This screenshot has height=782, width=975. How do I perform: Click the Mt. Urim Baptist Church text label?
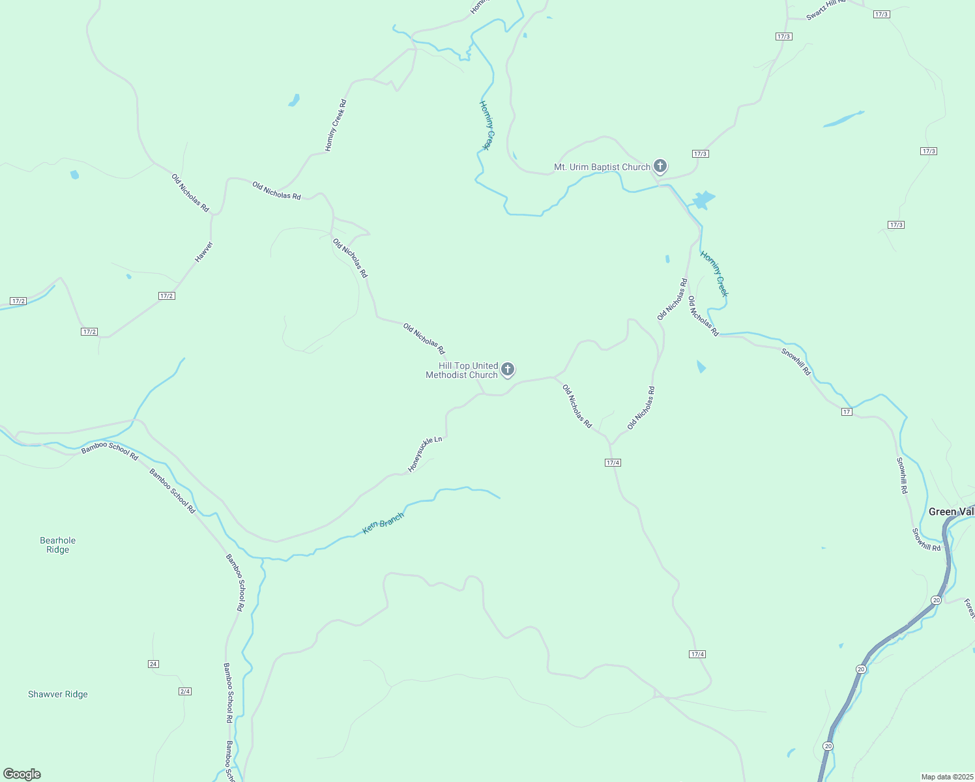click(x=602, y=167)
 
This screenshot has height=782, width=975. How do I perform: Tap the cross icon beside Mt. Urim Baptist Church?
click(x=660, y=166)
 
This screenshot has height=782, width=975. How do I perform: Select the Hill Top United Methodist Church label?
click(x=461, y=370)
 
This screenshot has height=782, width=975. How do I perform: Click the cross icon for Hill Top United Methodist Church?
click(x=508, y=369)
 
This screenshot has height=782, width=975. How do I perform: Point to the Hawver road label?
click(x=204, y=252)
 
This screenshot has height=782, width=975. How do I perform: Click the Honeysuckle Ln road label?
click(x=425, y=454)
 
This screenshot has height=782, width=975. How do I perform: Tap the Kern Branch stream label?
click(x=383, y=523)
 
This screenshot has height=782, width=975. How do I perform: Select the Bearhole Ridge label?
click(x=58, y=545)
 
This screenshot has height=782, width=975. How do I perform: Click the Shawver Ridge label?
click(x=58, y=694)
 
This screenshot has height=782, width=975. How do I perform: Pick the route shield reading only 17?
click(x=847, y=412)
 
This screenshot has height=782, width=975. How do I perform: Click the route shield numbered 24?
click(x=153, y=664)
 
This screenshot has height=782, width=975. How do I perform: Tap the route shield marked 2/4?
click(x=185, y=691)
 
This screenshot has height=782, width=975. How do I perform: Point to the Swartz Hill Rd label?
click(x=826, y=10)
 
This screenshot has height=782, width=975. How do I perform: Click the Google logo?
click(x=22, y=774)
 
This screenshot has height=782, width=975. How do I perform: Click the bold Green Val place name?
click(x=951, y=512)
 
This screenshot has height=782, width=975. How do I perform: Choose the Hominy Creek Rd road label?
click(x=336, y=125)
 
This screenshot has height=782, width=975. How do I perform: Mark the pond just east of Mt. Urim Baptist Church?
click(x=703, y=199)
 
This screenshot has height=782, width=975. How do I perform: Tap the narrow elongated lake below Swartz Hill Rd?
click(x=842, y=120)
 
